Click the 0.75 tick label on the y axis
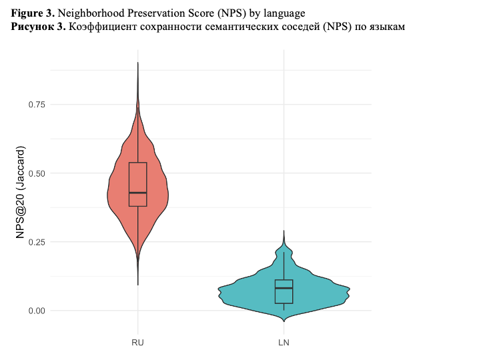coord(37,105)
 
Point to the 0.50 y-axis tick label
coord(37,173)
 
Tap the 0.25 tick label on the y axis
coord(37,242)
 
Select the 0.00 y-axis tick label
coord(37,311)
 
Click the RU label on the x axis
coord(138,343)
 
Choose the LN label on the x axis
coord(284,343)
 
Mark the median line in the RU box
coord(138,193)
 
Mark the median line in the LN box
coord(284,288)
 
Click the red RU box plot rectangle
coord(138,177)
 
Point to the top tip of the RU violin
coord(138,63)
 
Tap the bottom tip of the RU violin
coord(138,284)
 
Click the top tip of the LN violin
coord(284,231)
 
